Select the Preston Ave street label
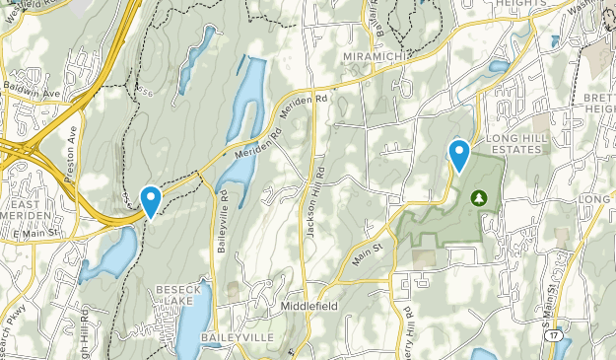tap(72, 147)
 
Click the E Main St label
tap(38, 231)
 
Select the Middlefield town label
tap(308, 306)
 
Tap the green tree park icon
tap(480, 198)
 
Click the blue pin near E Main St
tap(151, 201)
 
